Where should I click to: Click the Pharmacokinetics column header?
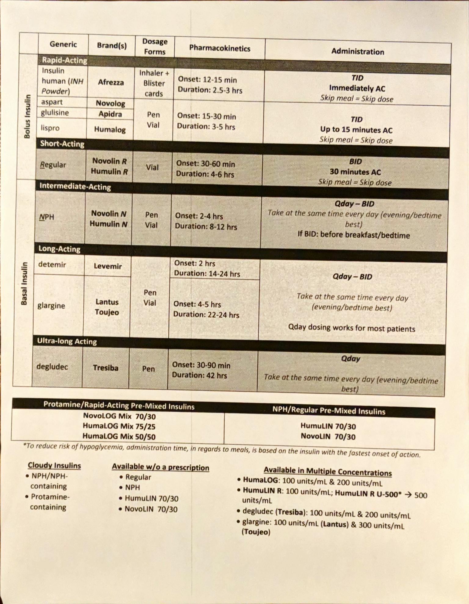coord(220,48)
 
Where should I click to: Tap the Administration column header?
coord(358,51)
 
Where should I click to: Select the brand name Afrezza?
coord(111,82)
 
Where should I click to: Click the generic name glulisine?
coord(55,113)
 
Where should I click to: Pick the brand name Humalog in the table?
coord(110,129)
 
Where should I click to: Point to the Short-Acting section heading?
coord(62,144)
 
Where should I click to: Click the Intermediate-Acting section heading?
coord(75,186)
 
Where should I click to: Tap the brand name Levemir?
coord(108,266)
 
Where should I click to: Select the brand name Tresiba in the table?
coord(106,368)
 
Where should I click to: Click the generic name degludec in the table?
coord(52,366)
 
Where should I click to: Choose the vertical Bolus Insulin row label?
coord(27,116)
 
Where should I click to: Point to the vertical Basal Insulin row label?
coord(24,283)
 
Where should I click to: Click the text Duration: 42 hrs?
coord(199,375)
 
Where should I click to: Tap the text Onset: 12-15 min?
coord(207,80)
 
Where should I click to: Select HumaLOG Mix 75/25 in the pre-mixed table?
coord(119,426)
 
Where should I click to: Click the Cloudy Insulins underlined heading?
coord(54,465)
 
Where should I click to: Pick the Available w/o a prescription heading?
coord(160,467)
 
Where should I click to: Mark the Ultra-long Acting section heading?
coord(67,341)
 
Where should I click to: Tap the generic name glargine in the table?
coord(51,305)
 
